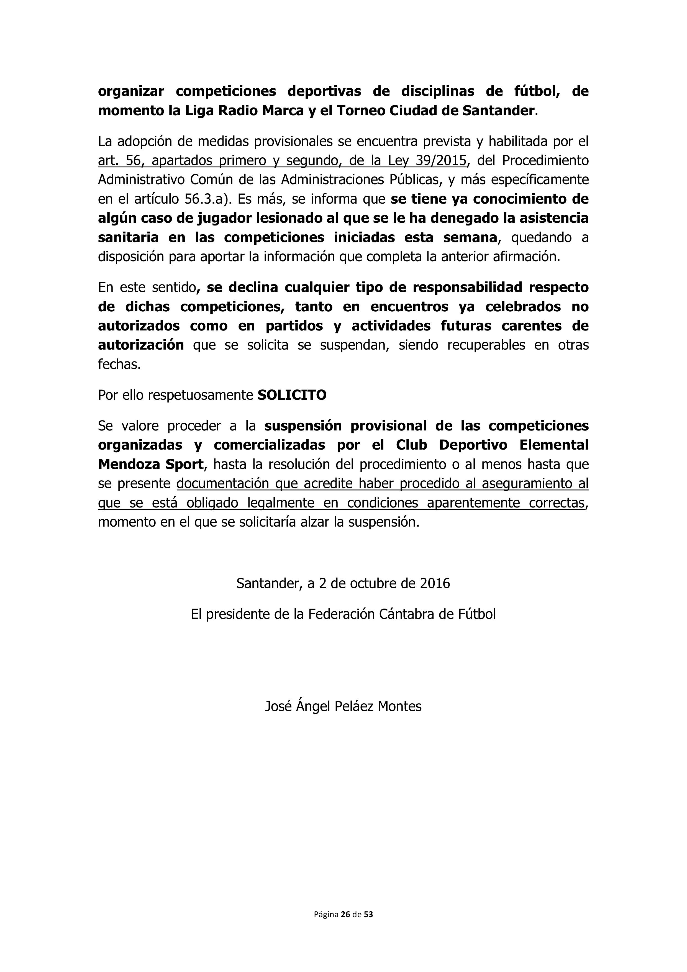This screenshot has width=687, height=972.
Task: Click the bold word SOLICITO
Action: pos(292,395)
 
